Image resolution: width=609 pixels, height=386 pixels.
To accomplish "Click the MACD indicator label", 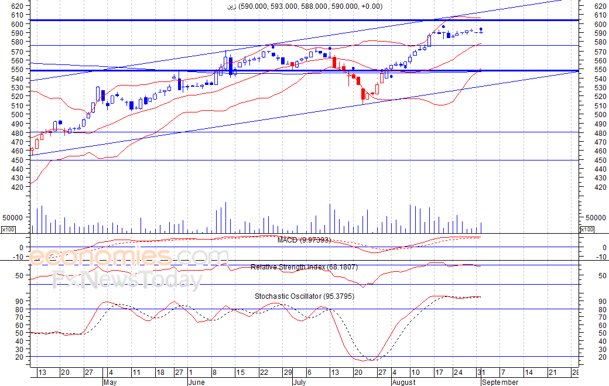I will [312, 240].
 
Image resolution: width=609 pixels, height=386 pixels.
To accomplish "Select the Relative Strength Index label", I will [304, 267].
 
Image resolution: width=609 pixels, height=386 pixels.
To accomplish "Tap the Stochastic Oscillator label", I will [304, 296].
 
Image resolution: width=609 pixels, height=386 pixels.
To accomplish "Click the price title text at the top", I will [304, 6].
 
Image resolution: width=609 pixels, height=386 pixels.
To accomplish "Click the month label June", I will [197, 382].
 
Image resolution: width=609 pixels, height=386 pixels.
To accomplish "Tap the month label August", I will [403, 382].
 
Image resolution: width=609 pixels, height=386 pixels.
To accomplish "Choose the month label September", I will [499, 382].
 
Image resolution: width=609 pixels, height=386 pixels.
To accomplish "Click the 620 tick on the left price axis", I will [17, 6].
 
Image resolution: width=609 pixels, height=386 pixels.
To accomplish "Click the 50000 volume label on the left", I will [12, 217].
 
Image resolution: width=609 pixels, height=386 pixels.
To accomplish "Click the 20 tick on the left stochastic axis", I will [19, 357].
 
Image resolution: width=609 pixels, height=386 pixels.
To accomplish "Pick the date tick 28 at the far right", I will [575, 373].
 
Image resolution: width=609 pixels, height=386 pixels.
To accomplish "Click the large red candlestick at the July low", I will [363, 94].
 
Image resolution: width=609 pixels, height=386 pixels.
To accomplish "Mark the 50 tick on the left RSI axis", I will [19, 275].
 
